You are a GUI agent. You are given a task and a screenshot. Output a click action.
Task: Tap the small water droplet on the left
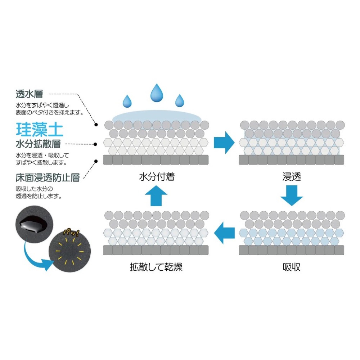[x=127, y=102]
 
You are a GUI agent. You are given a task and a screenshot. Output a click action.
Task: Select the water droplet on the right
[x=179, y=101]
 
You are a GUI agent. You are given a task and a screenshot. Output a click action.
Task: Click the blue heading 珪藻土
[x=40, y=129]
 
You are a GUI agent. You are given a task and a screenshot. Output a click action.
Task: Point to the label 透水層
[x=30, y=94]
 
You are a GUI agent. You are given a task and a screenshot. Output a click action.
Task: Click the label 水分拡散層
[x=38, y=144]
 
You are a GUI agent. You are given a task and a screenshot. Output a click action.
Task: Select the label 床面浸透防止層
[x=48, y=177]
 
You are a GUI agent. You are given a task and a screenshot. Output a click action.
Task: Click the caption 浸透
[x=292, y=177]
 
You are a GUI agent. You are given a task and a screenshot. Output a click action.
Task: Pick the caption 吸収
[x=292, y=267]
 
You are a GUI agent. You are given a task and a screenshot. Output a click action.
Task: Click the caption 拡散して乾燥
[x=156, y=267]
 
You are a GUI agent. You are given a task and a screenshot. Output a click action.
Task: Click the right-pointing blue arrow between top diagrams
[x=224, y=142]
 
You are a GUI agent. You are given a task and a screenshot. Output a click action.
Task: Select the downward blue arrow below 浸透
[x=292, y=195]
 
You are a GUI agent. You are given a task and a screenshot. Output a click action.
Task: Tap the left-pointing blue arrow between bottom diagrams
[x=224, y=233]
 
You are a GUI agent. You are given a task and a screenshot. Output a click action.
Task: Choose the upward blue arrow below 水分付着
[x=157, y=197]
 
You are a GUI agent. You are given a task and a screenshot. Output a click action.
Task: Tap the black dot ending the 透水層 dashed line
[x=96, y=125]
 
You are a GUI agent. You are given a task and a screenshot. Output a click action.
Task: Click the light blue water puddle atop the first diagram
[x=157, y=117]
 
